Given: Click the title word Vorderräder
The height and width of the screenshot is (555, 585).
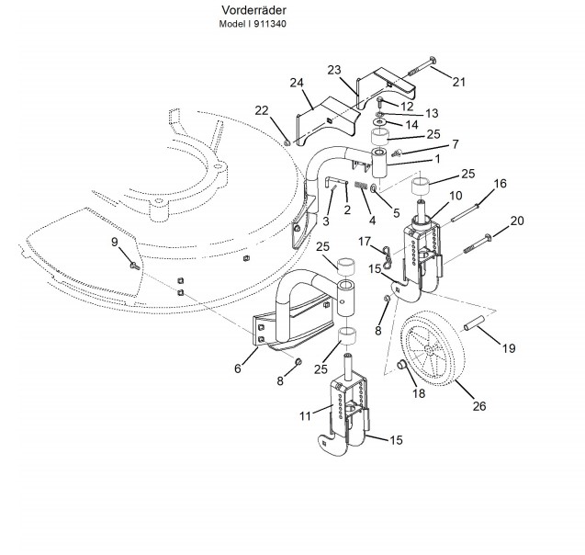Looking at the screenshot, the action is click(253, 10).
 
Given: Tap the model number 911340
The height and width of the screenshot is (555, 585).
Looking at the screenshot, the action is click(270, 24).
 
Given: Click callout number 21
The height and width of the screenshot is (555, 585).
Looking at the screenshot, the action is click(459, 82).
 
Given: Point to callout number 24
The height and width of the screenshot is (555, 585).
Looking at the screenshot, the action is click(297, 83).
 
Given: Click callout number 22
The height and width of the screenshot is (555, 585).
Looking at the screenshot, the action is click(262, 111).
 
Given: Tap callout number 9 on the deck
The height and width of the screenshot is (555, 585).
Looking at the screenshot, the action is click(115, 242).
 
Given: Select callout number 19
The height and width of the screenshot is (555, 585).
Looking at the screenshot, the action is click(509, 348).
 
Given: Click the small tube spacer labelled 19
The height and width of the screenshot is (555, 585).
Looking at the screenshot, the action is click(474, 323).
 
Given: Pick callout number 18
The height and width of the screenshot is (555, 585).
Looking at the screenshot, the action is click(419, 393).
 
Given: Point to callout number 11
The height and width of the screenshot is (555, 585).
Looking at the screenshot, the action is click(305, 415).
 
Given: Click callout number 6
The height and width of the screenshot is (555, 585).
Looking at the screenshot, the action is click(238, 368).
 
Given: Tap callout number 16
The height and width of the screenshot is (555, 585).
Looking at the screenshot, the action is click(500, 184).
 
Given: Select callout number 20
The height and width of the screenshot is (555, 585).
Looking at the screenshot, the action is click(517, 221).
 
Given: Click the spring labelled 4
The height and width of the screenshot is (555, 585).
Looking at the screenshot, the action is click(361, 186).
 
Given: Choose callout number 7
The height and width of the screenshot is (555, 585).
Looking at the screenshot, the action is click(456, 144).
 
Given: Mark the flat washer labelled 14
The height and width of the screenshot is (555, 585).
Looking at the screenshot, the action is click(379, 122).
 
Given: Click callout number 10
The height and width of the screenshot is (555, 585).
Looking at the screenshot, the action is click(456, 196).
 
